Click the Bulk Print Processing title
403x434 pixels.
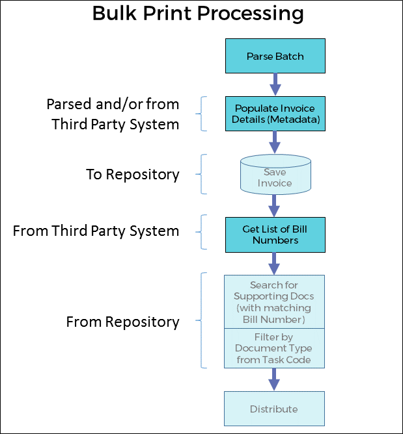[198, 14]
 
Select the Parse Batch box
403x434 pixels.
[274, 57]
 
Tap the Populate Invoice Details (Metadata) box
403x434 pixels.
[274, 114]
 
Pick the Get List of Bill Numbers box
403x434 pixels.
[274, 235]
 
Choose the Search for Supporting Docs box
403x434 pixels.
[274, 301]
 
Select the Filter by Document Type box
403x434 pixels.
[274, 348]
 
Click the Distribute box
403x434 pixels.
[274, 409]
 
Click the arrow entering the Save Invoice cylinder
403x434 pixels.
[274, 142]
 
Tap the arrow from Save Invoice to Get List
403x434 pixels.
[274, 205]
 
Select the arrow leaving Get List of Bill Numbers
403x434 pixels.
[274, 263]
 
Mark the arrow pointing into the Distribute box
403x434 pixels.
[274, 379]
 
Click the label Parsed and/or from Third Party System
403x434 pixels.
[113, 114]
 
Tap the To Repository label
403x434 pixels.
[133, 174]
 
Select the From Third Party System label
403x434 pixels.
[96, 231]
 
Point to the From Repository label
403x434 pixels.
[122, 322]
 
